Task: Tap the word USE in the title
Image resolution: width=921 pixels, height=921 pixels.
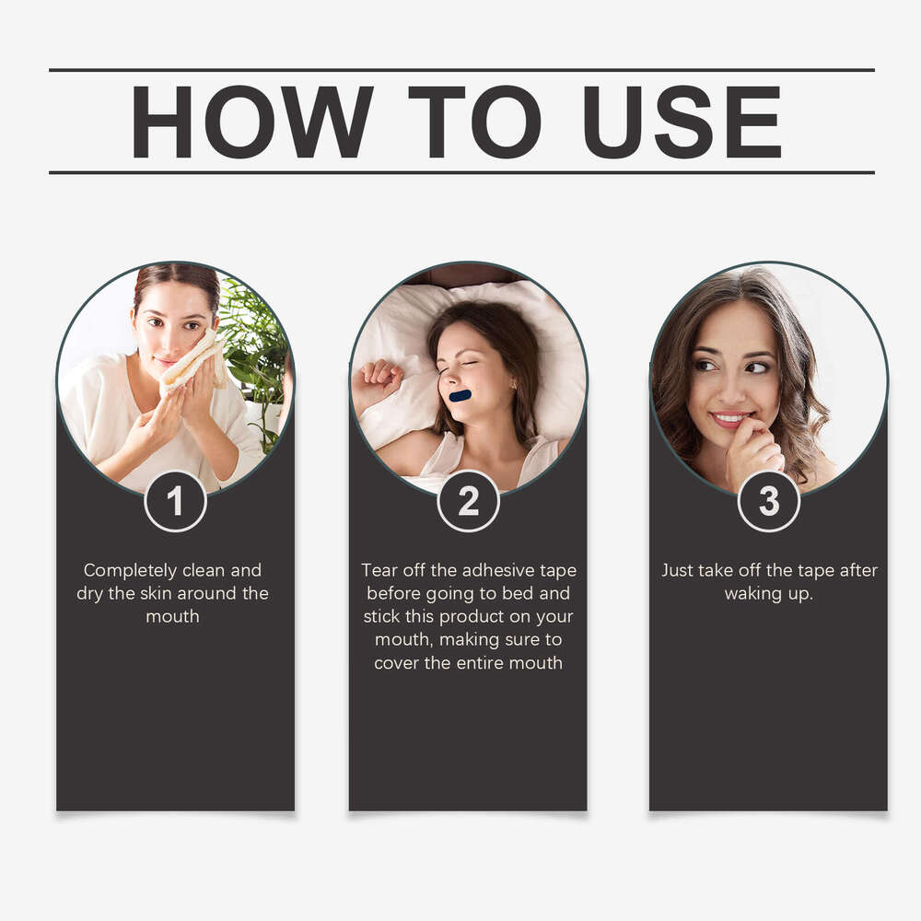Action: click(682, 122)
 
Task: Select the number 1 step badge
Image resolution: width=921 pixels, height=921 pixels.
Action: click(175, 501)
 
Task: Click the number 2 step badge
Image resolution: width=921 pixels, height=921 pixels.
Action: click(468, 501)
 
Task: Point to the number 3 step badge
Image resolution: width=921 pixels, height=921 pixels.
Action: click(769, 501)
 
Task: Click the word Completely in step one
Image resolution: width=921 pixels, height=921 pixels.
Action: click(130, 570)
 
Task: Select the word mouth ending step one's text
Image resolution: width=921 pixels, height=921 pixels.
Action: click(173, 616)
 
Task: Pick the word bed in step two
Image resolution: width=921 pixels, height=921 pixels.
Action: click(518, 592)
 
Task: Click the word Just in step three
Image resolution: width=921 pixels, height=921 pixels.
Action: click(677, 570)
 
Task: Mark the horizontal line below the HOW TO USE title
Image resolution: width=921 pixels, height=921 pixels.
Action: click(461, 173)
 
